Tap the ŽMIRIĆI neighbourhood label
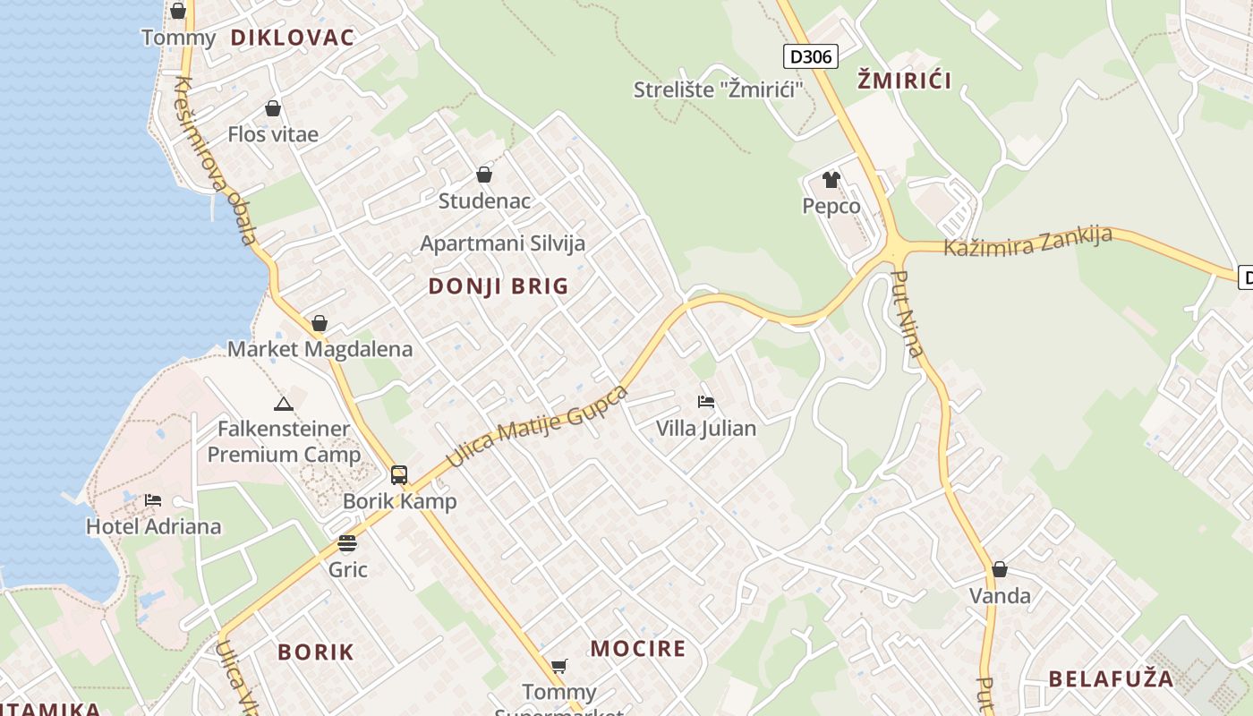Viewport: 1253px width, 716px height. tap(904, 81)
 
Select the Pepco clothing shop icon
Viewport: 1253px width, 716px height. tap(831, 180)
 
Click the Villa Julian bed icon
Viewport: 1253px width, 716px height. tap(706, 402)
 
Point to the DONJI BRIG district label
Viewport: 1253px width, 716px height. tap(499, 286)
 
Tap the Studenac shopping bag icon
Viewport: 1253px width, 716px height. tap(484, 175)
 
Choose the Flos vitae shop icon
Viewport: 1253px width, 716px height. tap(273, 108)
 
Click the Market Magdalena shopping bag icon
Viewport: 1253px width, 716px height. tap(320, 323)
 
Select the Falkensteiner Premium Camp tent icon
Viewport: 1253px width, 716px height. tap(284, 404)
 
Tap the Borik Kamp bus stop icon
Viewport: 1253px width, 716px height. tap(399, 475)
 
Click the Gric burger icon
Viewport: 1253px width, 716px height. tap(347, 543)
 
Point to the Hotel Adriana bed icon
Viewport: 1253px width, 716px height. tap(153, 499)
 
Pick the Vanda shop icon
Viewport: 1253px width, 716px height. tap(1000, 569)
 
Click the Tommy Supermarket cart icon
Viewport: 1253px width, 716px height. tap(559, 666)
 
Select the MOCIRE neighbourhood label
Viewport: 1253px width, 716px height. tap(638, 649)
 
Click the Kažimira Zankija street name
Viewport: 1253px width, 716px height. tap(1028, 242)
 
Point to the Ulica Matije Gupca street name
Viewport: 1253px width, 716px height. tap(537, 426)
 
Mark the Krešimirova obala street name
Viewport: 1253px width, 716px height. tap(216, 162)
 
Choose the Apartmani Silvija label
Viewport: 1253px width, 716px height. tap(502, 243)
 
